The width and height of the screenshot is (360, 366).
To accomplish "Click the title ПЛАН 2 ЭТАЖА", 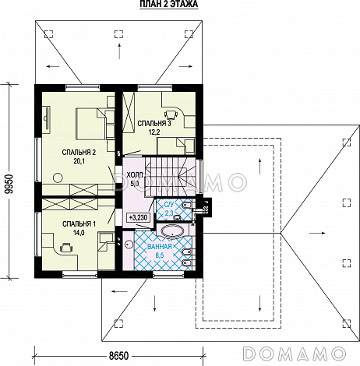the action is [169, 4].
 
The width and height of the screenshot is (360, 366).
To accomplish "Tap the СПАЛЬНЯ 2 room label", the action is [79, 153].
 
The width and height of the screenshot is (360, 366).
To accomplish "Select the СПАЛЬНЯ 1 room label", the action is [79, 224].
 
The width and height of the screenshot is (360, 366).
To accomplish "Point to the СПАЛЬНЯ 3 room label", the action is [154, 124].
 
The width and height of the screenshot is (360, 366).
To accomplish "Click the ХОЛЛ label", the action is [135, 175].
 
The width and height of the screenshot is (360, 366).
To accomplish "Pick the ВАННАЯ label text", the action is [160, 246].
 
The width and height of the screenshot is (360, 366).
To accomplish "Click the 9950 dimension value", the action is [9, 184].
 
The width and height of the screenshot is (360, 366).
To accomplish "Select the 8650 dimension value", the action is [118, 356].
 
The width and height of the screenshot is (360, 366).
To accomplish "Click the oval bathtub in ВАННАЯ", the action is [173, 231].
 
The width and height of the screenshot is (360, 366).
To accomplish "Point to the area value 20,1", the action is [79, 161].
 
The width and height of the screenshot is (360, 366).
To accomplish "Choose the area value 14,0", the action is [79, 233].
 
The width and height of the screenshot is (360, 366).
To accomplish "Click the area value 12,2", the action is [154, 132].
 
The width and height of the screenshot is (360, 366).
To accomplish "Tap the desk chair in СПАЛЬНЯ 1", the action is [66, 248].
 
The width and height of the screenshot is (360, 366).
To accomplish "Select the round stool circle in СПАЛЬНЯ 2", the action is [58, 178].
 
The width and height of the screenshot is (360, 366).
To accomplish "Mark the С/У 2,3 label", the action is [169, 209].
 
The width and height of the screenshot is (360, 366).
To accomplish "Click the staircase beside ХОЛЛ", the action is [170, 176].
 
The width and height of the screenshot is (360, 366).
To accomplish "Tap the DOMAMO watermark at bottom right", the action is [295, 354].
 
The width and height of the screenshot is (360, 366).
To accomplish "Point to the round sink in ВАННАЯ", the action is [129, 244].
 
